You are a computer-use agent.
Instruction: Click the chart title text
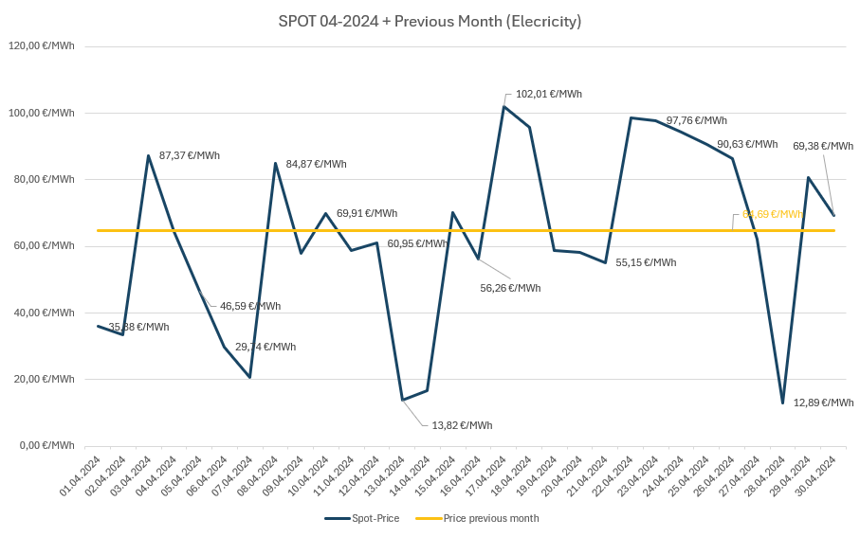click(430, 21)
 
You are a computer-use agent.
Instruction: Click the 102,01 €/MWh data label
click(548, 94)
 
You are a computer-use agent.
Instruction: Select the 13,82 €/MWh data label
click(462, 425)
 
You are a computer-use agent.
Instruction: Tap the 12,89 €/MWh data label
click(823, 403)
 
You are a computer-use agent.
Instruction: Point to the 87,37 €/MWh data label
click(190, 155)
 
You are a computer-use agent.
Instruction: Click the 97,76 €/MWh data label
click(697, 120)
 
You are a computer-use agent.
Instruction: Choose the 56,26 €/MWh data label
click(510, 288)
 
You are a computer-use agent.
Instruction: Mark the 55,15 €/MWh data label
click(646, 262)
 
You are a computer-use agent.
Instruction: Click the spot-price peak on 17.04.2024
click(503, 106)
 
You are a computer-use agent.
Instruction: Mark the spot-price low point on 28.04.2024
click(782, 403)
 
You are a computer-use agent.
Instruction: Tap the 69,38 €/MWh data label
click(823, 146)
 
